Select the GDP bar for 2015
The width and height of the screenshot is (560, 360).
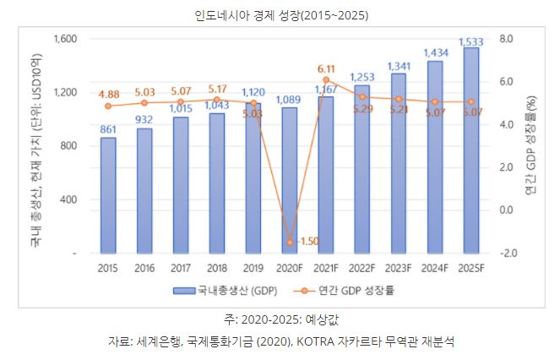click(x=108, y=195)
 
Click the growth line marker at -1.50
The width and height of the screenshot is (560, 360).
click(x=290, y=243)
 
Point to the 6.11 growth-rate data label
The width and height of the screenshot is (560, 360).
click(x=326, y=68)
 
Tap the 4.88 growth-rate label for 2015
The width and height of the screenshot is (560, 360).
click(x=107, y=94)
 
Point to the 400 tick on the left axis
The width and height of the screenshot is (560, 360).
click(x=68, y=199)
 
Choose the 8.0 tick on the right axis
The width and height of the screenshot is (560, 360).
click(x=507, y=39)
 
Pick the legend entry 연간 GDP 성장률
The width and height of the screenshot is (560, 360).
click(x=359, y=291)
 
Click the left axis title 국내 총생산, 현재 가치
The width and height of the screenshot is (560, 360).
click(x=35, y=146)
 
